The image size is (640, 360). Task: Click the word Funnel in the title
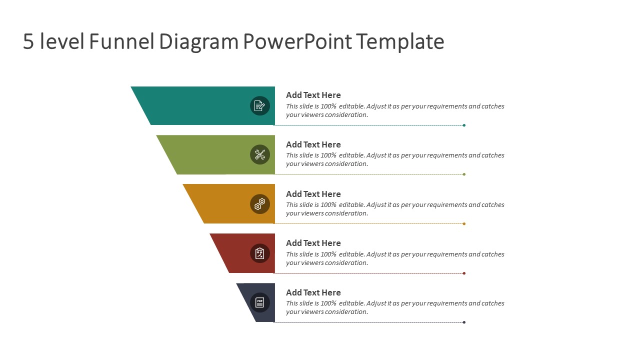[x=121, y=42]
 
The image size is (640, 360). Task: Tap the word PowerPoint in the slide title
[x=297, y=42]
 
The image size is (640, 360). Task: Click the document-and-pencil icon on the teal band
[x=259, y=105]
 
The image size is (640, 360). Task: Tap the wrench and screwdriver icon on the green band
[x=259, y=154]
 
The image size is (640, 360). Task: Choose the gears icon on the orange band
[x=259, y=204]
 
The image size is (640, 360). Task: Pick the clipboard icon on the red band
[x=259, y=253]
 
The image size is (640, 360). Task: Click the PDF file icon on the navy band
[x=259, y=302]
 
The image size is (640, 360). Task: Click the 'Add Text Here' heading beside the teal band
[x=313, y=95]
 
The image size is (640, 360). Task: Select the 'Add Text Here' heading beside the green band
[x=313, y=144]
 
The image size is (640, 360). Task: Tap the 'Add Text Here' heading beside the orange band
[x=313, y=194]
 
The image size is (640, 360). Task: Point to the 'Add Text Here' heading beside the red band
[x=313, y=243]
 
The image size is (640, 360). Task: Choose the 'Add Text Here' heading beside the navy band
[x=313, y=292]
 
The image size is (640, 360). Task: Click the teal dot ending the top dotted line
[x=464, y=125]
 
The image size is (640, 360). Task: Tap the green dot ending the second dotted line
[x=464, y=174]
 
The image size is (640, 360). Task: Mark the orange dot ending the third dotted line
[x=464, y=223]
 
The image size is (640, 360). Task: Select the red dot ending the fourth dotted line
[x=464, y=273]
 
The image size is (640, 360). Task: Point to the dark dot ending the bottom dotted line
[x=464, y=322]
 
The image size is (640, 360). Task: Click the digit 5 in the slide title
[x=28, y=42]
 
